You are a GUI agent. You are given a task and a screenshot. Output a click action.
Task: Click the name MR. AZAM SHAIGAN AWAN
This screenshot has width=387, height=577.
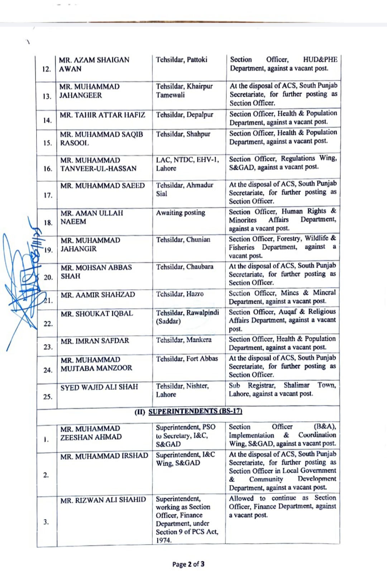tap(94, 65)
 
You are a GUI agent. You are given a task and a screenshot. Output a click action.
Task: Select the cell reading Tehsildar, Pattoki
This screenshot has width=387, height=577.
tap(181, 60)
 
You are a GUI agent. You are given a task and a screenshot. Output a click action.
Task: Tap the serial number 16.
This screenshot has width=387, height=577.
tap(48, 169)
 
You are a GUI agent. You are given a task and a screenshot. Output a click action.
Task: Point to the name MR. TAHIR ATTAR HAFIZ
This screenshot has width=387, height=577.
tap(102, 115)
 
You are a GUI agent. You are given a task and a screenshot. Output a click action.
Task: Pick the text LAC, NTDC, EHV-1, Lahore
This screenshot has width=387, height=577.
tap(187, 164)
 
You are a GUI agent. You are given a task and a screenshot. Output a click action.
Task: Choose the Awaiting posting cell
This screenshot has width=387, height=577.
tap(181, 213)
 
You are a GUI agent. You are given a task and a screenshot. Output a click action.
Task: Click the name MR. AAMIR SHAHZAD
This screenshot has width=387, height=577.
tap(98, 295)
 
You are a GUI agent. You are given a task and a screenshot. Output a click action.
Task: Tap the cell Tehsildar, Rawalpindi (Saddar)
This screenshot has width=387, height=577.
tap(187, 317)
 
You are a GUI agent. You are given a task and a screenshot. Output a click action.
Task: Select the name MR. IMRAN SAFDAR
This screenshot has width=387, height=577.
tap(95, 341)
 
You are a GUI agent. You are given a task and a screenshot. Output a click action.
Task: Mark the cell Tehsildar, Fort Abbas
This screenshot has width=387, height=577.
tap(187, 358)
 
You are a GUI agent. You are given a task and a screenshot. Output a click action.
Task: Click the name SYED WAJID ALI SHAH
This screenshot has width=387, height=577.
tap(99, 387)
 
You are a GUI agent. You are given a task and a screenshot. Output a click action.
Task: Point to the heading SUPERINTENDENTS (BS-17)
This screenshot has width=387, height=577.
tap(195, 411)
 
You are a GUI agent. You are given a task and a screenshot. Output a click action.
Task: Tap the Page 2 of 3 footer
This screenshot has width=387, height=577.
tap(188, 564)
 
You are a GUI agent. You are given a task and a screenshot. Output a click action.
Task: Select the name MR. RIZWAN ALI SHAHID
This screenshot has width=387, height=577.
tap(103, 500)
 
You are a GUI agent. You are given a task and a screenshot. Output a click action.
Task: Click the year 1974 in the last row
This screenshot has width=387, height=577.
tap(163, 540)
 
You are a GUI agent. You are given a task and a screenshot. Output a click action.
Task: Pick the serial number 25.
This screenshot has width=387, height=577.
tap(48, 397)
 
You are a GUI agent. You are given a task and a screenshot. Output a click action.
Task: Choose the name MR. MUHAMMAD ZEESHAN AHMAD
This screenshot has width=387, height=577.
tap(91, 433)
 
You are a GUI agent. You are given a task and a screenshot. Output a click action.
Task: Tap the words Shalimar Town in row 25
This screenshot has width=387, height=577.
tap(310, 385)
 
